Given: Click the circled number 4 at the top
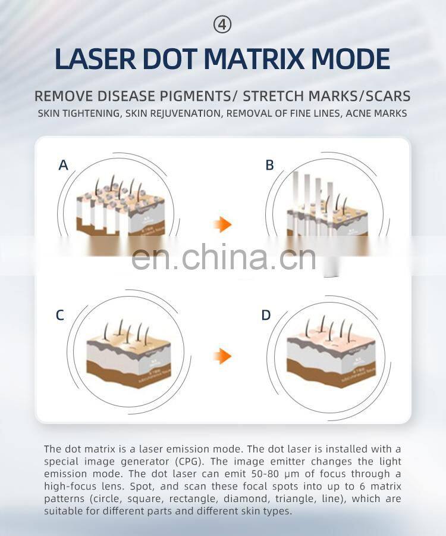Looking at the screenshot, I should tap(222, 25).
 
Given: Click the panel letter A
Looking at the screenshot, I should tap(63, 166).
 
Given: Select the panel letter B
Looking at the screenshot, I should tap(269, 166).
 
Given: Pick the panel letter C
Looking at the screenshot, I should tap(59, 316).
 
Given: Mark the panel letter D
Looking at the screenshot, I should tap(266, 316).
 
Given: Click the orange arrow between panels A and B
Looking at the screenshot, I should tap(222, 225).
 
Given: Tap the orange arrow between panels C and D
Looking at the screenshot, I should tap(222, 356).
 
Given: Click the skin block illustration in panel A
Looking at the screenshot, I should tap(116, 208).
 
